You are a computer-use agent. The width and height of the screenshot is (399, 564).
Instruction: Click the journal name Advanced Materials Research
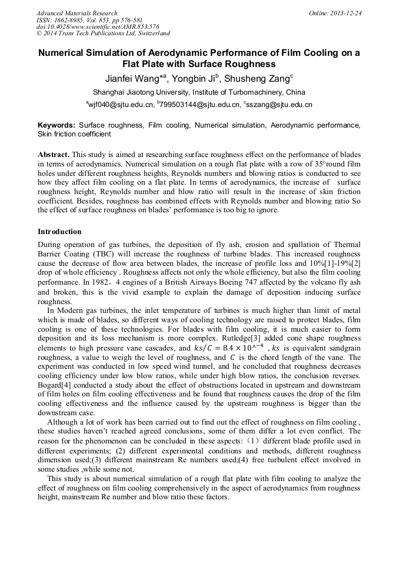[77, 13]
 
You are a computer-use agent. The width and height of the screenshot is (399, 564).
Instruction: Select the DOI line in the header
[98, 27]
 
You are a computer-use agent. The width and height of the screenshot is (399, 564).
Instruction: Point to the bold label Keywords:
[56, 125]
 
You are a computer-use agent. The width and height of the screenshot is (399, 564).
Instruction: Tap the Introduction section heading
[59, 232]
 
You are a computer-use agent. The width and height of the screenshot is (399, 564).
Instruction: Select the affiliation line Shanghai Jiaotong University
[199, 92]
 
